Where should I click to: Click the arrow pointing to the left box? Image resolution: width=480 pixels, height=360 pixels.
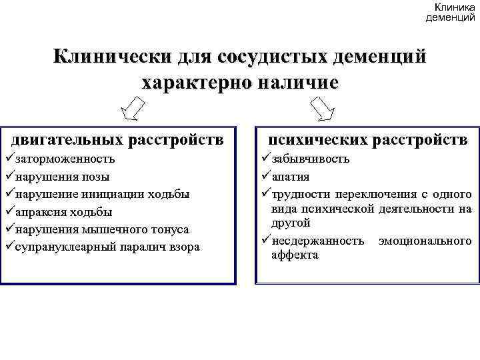coord(136,108)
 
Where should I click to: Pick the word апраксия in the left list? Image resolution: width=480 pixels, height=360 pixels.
coord(43,212)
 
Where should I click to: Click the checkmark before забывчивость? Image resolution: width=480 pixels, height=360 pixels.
coord(264,159)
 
